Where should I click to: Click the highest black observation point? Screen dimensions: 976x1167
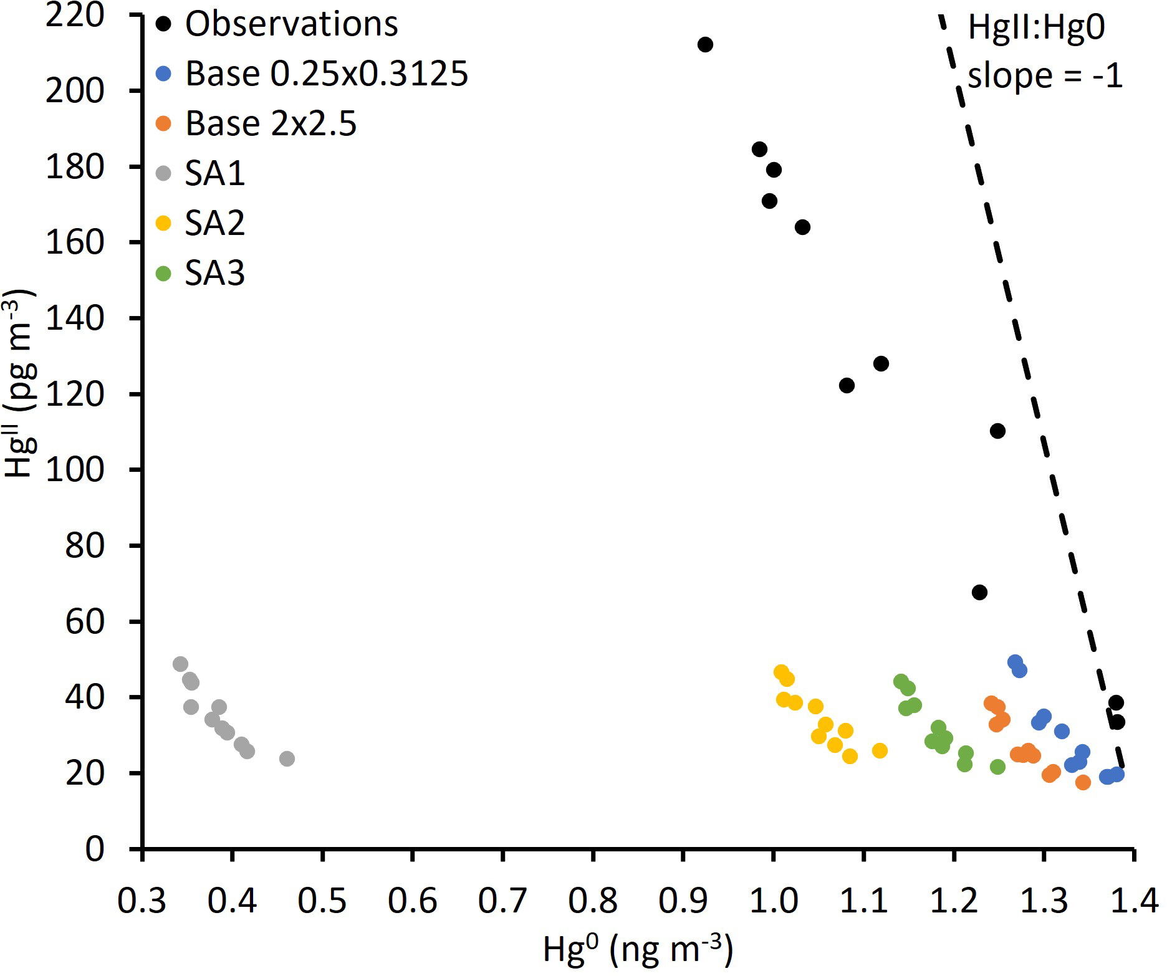pyautogui.click(x=705, y=45)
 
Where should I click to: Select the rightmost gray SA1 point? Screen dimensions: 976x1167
pyautogui.click(x=287, y=758)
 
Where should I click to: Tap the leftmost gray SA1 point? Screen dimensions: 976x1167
pyautogui.click(x=180, y=664)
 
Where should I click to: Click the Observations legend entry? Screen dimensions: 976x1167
pyautogui.click(x=291, y=24)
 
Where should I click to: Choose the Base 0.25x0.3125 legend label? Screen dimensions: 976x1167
pyautogui.click(x=327, y=74)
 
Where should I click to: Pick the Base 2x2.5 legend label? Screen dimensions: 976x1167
pyautogui.click(x=271, y=124)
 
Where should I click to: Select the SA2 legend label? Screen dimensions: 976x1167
pyautogui.click(x=214, y=223)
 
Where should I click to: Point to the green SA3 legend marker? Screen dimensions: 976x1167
pyautogui.click(x=163, y=274)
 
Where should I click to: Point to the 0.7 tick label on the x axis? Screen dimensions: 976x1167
pyautogui.click(x=502, y=901)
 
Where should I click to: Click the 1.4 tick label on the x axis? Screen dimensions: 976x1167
pyautogui.click(x=1133, y=901)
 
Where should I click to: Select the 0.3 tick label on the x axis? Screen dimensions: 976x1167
pyautogui.click(x=142, y=901)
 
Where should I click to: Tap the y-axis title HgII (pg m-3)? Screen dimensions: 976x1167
pyautogui.click(x=20, y=383)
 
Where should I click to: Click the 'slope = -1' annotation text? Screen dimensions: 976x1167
pyautogui.click(x=1045, y=76)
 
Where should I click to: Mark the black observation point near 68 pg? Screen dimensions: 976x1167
pyautogui.click(x=979, y=592)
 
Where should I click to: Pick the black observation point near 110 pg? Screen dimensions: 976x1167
pyautogui.click(x=997, y=431)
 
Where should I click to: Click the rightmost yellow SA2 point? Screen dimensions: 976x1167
pyautogui.click(x=880, y=750)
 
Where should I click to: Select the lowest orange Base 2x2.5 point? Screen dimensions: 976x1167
pyautogui.click(x=1083, y=782)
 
